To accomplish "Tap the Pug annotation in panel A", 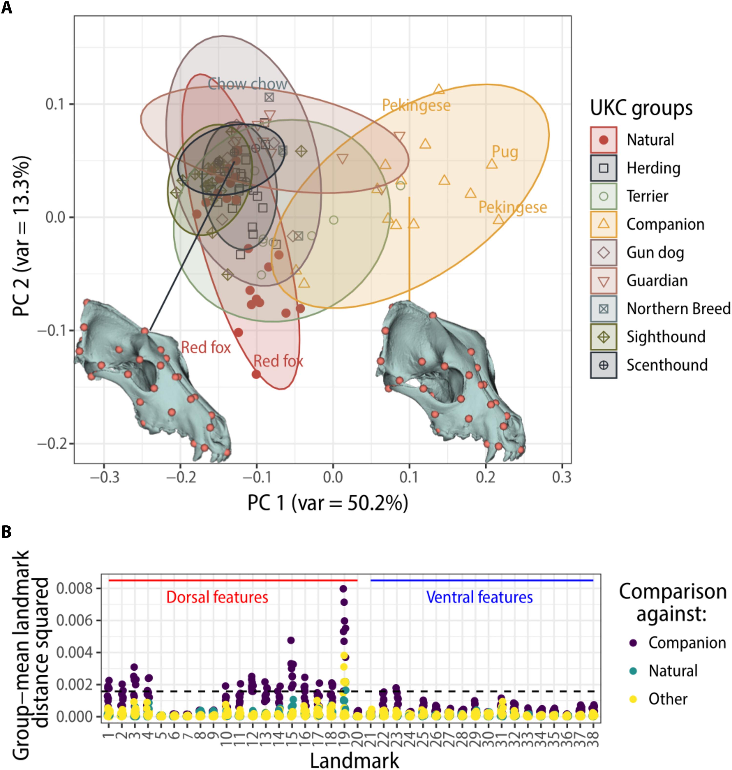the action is [x=505, y=152].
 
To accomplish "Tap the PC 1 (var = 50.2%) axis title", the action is [x=328, y=503].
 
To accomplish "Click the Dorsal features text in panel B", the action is [x=217, y=597].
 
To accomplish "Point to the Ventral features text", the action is [x=479, y=597].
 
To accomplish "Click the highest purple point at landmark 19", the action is [x=343, y=588].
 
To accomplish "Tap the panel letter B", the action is [x=7, y=531].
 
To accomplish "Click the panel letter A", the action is [x=7, y=8].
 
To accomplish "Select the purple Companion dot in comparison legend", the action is [x=633, y=643].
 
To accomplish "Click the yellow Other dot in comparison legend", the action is [x=633, y=699].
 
